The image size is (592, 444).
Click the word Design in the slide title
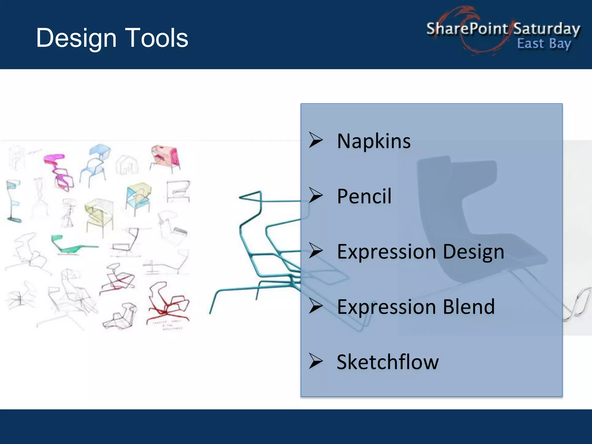pos(76,38)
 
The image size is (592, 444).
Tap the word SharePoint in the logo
pos(467,29)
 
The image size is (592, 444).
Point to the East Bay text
pos(544,44)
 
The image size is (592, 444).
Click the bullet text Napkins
pos(373,141)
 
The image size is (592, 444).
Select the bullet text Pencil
pos(364,197)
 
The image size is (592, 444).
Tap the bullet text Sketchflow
pos(387,362)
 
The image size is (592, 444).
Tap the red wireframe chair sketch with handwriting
pos(168,304)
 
